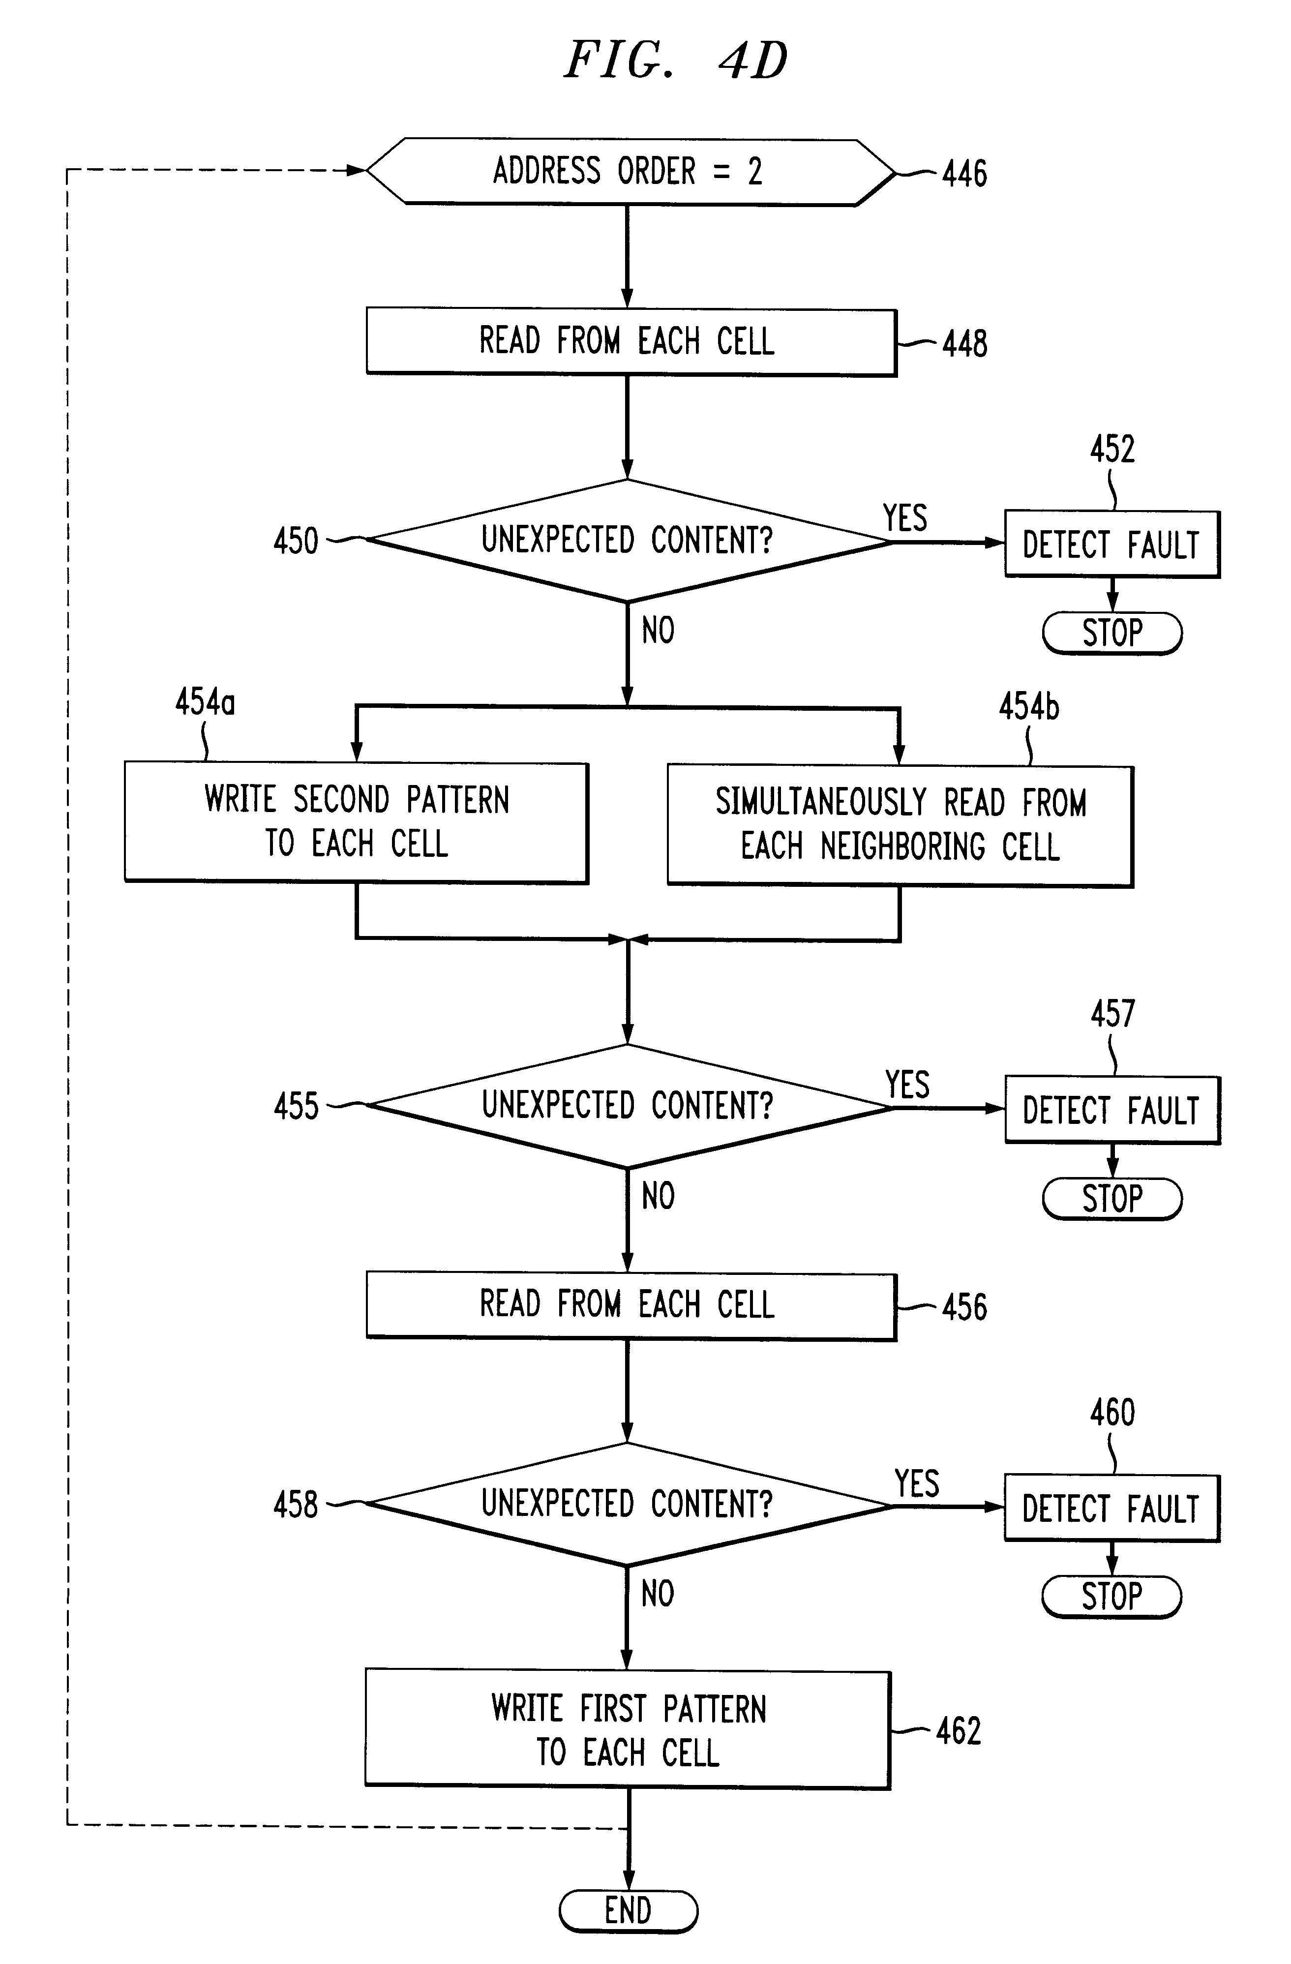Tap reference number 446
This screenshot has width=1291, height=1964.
point(964,173)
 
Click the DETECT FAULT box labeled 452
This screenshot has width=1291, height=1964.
point(1111,544)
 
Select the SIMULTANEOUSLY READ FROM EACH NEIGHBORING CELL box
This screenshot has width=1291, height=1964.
point(900,826)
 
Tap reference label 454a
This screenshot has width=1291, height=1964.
point(205,702)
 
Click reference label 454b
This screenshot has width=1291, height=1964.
point(1029,706)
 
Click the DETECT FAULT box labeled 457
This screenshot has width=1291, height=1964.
point(1111,1110)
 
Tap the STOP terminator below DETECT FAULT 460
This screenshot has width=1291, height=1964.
point(1111,1596)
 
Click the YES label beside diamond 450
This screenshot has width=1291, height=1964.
point(905,517)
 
